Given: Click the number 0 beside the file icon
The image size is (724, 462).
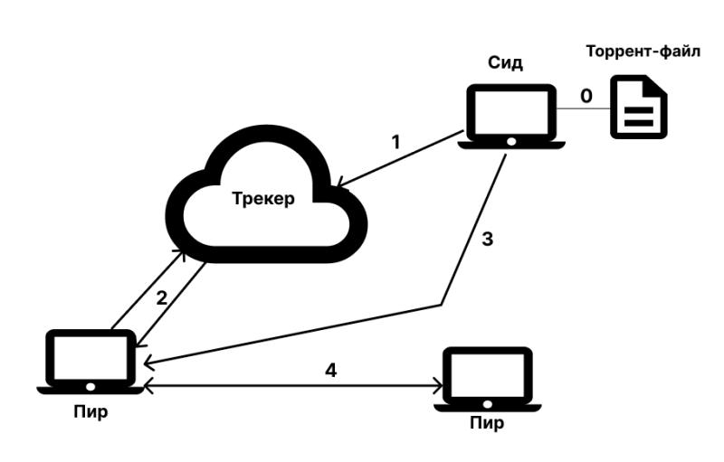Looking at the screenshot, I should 586,95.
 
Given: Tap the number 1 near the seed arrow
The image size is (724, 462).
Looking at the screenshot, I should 395,142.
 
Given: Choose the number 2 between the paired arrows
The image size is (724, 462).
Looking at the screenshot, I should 162,298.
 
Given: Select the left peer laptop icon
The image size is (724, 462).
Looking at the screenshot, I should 90,361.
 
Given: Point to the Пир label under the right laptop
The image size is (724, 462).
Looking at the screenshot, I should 487,423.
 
